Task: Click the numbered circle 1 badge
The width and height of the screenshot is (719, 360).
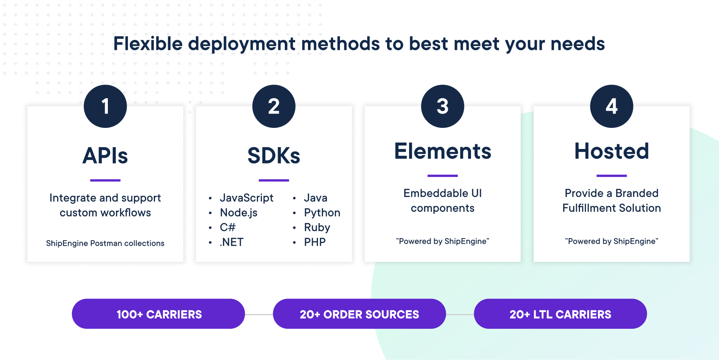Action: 105,106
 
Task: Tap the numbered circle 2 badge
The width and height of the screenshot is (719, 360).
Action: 274,106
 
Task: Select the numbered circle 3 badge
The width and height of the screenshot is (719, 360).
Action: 443,106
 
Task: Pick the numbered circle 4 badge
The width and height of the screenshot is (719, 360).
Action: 612,106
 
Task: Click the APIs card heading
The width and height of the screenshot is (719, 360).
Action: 105,155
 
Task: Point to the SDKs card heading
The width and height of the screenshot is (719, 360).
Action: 274,155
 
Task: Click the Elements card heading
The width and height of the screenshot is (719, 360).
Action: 443,151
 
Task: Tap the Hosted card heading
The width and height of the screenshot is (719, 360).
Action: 612,151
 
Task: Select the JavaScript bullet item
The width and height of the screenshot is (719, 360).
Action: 246,198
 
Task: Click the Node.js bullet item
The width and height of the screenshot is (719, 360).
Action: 238,213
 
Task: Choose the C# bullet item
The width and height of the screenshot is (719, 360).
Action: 228,227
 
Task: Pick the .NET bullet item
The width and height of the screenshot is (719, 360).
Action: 232,242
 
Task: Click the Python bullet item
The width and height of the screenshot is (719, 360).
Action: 322,213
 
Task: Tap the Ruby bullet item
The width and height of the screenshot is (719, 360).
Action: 317,227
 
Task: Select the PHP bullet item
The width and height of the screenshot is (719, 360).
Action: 315,242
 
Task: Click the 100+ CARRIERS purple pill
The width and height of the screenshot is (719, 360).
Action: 159,314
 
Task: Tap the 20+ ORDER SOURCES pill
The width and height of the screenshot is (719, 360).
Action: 359,314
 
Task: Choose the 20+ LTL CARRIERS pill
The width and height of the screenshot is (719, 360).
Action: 560,314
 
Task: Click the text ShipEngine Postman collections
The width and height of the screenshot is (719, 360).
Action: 105,243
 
